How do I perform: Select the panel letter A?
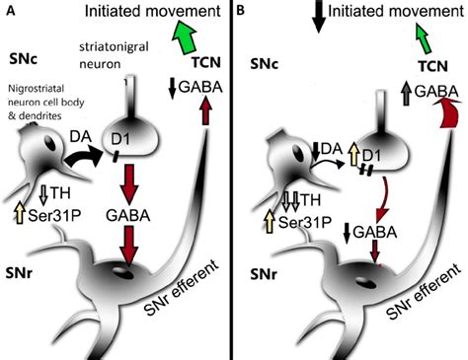(9, 11)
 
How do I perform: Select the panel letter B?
(243, 11)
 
